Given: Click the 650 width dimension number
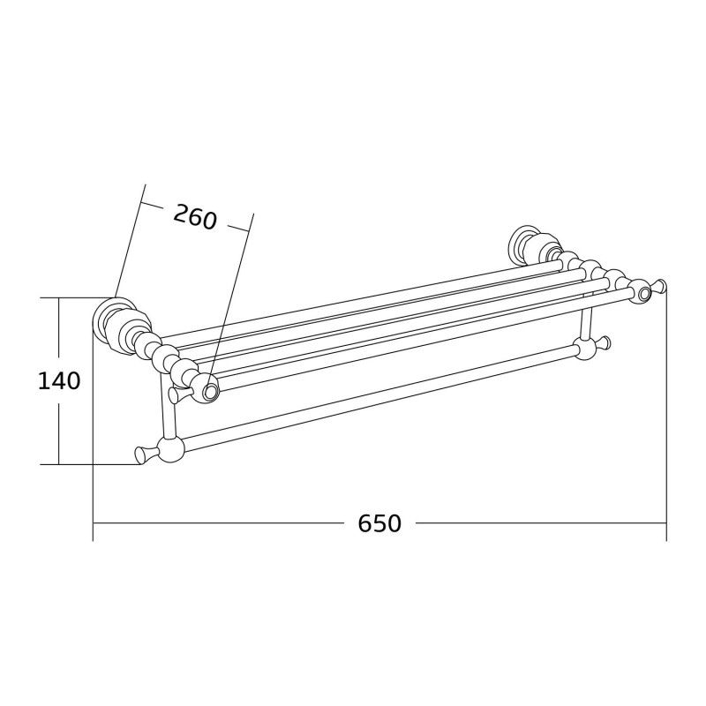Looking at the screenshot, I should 379,523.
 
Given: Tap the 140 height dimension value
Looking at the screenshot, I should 59,381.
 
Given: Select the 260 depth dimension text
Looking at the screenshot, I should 194,216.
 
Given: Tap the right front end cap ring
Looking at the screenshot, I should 644,291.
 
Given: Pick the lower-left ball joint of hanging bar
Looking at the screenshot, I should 170,451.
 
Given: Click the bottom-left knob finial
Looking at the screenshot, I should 141,454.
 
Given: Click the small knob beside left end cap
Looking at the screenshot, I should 177,394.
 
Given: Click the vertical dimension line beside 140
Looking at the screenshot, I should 59,424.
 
